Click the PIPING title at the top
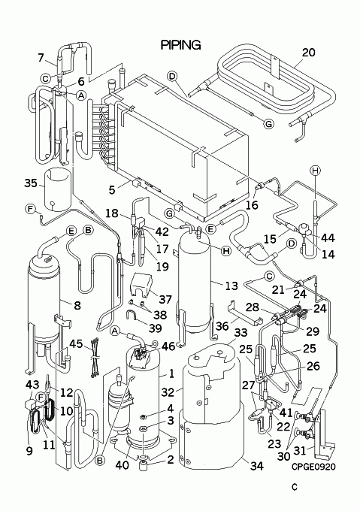[181, 45]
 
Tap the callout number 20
[308, 53]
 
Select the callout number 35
[31, 183]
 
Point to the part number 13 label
[231, 286]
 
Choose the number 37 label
[165, 299]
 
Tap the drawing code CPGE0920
[313, 467]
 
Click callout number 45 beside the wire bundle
[76, 344]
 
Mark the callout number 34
[256, 466]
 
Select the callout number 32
[168, 392]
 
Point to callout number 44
[328, 238]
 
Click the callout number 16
[252, 205]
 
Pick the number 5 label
[112, 189]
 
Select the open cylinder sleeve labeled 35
[57, 189]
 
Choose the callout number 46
[168, 346]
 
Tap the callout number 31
[300, 450]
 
